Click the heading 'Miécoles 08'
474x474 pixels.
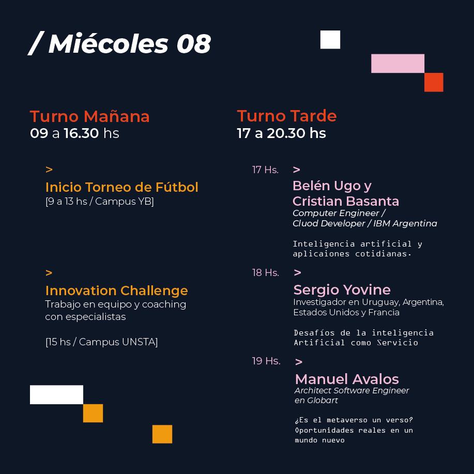[130, 44]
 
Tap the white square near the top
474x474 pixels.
[330, 40]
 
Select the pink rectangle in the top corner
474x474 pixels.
[397, 64]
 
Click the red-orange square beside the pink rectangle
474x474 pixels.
[434, 82]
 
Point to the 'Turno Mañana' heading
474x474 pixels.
[90, 116]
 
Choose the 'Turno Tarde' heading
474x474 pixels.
[286, 116]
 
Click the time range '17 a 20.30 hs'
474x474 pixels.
[281, 133]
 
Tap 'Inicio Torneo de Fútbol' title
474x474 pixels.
[122, 187]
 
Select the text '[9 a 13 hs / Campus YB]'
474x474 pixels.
[100, 201]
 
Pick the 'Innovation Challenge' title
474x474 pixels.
[117, 291]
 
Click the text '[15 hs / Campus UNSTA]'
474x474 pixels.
[101, 342]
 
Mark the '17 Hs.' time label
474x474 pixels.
[265, 170]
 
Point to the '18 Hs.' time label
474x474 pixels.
[266, 273]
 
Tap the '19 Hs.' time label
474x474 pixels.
[266, 361]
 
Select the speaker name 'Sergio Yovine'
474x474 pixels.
[342, 290]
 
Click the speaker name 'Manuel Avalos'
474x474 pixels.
[347, 379]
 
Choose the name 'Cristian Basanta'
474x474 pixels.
[346, 201]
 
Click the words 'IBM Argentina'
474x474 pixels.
[405, 223]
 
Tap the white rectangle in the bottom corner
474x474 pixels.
[56, 394]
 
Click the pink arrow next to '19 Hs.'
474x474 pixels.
[299, 362]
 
